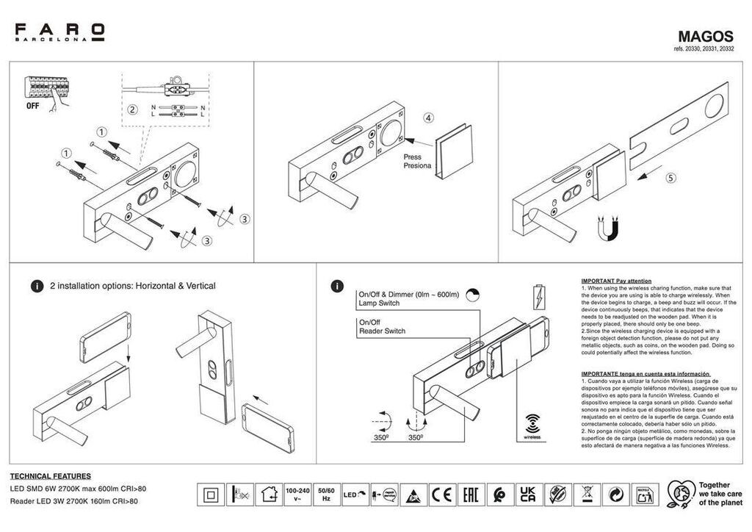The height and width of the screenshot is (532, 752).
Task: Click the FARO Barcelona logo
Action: [x=60, y=32]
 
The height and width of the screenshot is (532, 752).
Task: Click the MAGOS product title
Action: [x=705, y=36]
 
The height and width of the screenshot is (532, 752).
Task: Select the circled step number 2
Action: [x=132, y=110]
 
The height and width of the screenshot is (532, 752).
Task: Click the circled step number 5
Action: [x=670, y=178]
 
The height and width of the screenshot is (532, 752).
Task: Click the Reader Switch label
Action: [x=382, y=331]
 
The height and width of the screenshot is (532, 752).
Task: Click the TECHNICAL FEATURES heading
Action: [x=51, y=476]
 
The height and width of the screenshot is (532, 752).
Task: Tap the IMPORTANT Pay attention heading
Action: [x=616, y=281]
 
